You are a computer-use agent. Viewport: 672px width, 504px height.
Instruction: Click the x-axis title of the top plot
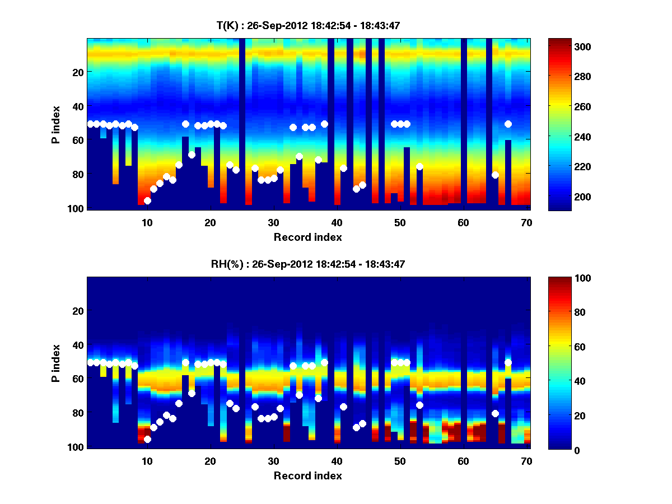(307, 237)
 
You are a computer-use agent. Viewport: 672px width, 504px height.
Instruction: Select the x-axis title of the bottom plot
(307, 475)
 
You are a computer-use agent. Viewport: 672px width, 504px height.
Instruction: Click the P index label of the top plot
(56, 124)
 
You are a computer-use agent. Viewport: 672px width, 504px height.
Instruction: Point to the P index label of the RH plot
(56, 363)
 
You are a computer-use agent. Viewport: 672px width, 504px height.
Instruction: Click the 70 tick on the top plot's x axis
(526, 222)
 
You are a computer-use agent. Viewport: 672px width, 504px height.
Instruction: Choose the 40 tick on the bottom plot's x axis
(337, 461)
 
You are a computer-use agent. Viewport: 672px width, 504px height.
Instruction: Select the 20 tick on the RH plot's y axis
(78, 311)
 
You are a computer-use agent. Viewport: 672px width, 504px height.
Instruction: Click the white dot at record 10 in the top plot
(147, 200)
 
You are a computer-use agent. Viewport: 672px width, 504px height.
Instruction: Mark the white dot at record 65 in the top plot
(495, 175)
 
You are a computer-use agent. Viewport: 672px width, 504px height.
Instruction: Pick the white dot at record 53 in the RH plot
(419, 405)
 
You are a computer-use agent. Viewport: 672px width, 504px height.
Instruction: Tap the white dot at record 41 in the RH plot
(343, 407)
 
